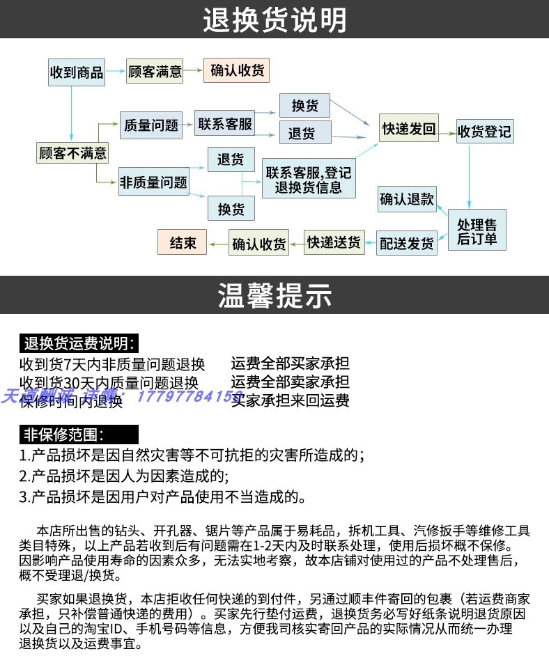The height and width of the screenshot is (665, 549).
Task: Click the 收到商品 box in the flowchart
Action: coord(76,72)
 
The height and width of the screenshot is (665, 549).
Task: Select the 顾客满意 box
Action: coord(155,72)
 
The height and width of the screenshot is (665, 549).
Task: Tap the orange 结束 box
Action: coord(183,243)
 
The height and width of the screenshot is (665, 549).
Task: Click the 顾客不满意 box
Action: coord(72,152)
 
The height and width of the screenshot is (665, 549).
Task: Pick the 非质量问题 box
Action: coord(154,182)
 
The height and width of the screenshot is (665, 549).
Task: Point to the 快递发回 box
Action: coord(409,129)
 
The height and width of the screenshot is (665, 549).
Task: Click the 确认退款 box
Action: coord(407,200)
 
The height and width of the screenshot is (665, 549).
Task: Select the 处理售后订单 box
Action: coord(477,231)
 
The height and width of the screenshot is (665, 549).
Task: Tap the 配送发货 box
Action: coord(407,243)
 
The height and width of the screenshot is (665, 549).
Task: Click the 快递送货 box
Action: coord(334,242)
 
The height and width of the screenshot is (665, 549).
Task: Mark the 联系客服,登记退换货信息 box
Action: coord(309,180)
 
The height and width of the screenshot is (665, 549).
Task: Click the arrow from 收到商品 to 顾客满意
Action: coord(116,72)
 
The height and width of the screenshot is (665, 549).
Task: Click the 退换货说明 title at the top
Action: coord(274,19)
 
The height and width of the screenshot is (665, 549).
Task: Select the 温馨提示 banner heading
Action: coord(274,295)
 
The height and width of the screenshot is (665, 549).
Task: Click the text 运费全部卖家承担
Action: coord(290,382)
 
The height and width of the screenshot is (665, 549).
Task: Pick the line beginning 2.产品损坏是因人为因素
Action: coord(124,476)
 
